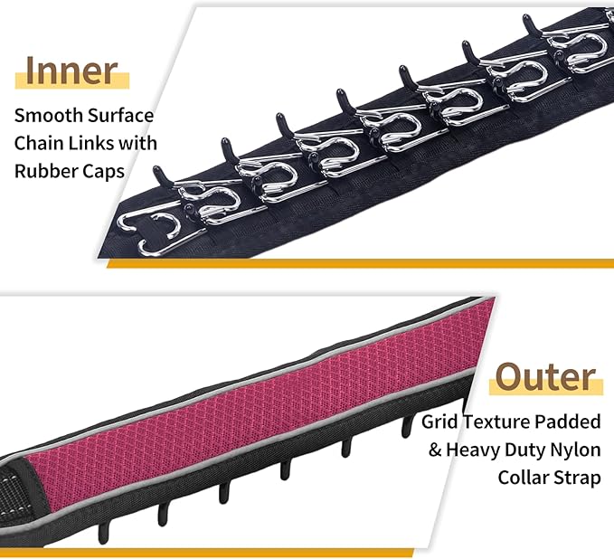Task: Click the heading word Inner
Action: [x=71, y=71]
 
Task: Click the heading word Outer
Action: [x=546, y=377]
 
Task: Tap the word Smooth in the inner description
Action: [x=48, y=116]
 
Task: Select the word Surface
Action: [x=120, y=116]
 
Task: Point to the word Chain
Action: [x=38, y=143]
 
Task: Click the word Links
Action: [x=90, y=143]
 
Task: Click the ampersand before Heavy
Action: [x=435, y=450]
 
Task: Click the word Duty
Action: [x=524, y=450]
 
